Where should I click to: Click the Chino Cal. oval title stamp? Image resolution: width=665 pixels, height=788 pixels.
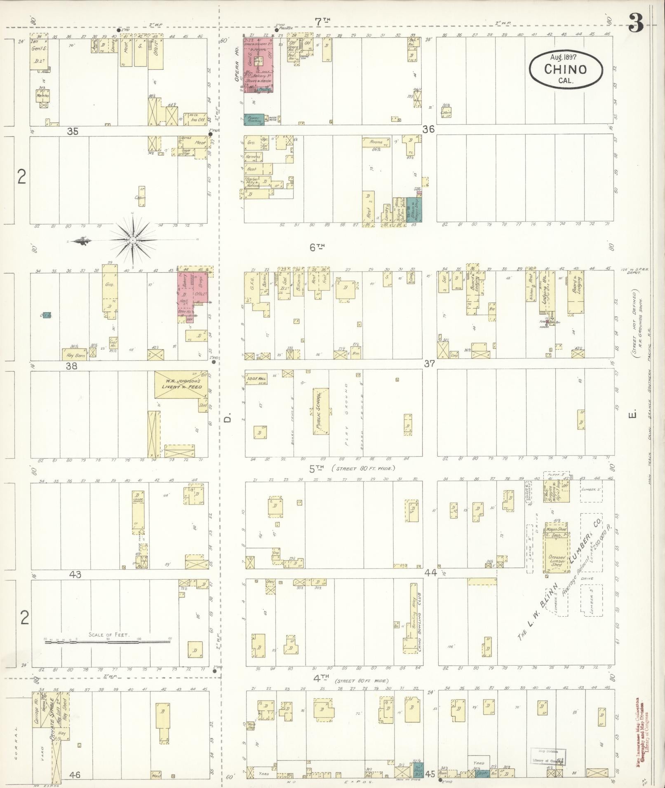565,70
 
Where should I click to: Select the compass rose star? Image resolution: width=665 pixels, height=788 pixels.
133,240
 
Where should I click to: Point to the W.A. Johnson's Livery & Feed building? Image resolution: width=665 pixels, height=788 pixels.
181,384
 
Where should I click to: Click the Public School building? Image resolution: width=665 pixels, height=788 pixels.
321,411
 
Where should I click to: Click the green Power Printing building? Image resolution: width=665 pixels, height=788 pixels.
254,119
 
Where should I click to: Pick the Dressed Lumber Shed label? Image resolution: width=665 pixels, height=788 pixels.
556,561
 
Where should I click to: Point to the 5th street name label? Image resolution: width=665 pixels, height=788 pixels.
317,468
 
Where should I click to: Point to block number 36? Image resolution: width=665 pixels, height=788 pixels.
428,129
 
